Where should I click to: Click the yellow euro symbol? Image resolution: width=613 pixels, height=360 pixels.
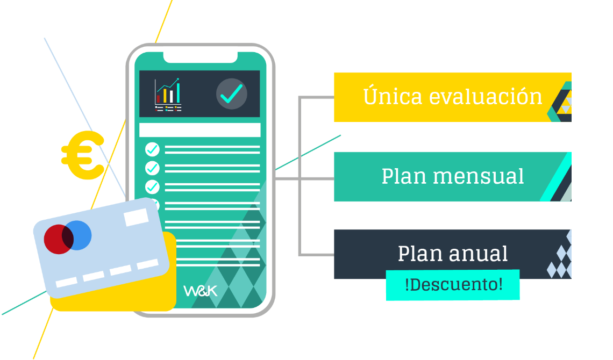pos(83,155)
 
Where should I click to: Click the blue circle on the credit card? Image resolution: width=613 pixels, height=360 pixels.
pos(78,235)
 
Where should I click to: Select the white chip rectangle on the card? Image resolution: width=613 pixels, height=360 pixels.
pos(136,217)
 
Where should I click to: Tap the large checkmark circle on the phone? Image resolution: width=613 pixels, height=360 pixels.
pos(232,94)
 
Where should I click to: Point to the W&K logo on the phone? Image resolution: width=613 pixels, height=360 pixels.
pos(201,291)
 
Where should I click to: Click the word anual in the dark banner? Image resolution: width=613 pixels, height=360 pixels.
pos(477,254)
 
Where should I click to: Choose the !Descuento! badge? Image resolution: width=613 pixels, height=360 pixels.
pos(453,285)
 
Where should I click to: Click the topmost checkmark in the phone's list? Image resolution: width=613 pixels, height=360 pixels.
pos(153,149)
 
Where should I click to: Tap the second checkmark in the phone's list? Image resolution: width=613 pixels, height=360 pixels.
pos(153,168)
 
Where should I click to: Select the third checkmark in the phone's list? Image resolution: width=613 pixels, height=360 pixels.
pos(153,186)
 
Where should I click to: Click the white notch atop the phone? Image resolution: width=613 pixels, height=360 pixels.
pos(200,57)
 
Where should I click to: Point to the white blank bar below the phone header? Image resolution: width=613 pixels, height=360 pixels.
pos(199,130)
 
